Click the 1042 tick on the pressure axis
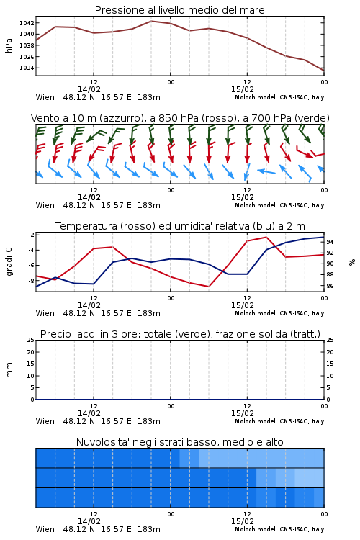27,23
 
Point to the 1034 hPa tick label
27,68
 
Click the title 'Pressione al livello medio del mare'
180,10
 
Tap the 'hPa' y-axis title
9,45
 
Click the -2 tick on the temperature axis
32,235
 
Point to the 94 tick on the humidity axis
330,242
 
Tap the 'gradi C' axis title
9,262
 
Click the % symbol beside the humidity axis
352,262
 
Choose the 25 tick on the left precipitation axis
31,340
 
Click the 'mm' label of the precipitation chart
9,370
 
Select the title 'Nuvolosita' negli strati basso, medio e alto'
180,442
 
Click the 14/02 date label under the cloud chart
89,521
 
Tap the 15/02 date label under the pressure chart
243,89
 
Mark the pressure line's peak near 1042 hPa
151,21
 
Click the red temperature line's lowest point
208,287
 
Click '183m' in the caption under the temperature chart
149,313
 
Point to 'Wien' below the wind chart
45,205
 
